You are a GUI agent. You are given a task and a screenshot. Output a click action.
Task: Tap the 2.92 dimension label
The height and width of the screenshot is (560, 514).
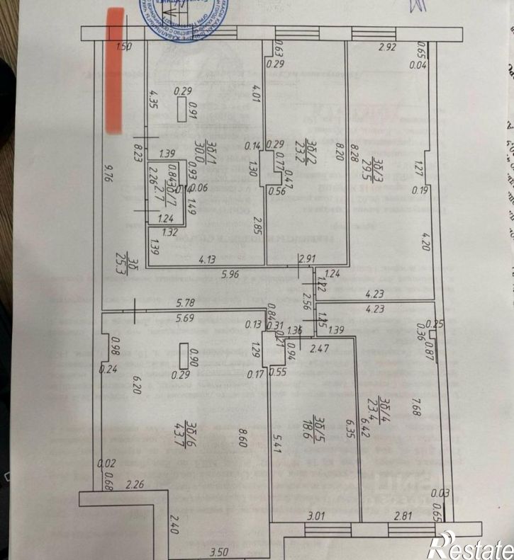point(387,47)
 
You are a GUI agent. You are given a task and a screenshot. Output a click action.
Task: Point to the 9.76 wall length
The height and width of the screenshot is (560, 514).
point(108,174)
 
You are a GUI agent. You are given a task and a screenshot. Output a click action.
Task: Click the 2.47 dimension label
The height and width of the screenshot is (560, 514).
point(322,348)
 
